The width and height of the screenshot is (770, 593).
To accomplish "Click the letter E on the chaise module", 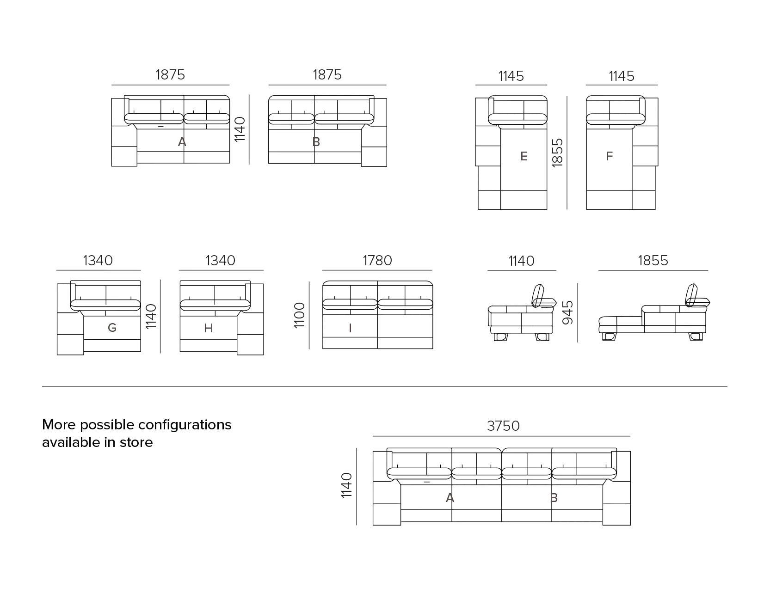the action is pyautogui.click(x=524, y=156).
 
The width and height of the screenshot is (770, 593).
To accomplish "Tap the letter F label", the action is pyautogui.click(x=609, y=156).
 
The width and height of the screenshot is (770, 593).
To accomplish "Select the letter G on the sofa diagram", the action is pyautogui.click(x=112, y=328).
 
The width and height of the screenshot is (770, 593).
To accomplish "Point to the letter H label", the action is pyautogui.click(x=209, y=328).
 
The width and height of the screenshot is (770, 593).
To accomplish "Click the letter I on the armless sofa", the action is pyautogui.click(x=350, y=328).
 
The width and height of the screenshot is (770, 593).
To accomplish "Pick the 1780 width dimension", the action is pyautogui.click(x=377, y=260).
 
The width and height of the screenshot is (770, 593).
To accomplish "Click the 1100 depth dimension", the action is pyautogui.click(x=300, y=315).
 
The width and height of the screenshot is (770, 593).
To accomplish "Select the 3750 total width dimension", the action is pyautogui.click(x=503, y=426).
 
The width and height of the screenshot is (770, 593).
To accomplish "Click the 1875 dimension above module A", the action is pyautogui.click(x=170, y=74).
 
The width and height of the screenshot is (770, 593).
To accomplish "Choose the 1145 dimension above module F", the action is pyautogui.click(x=622, y=76).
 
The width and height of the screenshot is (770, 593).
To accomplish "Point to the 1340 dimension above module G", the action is pyautogui.click(x=98, y=260).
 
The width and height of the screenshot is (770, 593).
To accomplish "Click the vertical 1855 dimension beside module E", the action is pyautogui.click(x=557, y=153).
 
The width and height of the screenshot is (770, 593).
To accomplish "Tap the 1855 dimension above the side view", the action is pyautogui.click(x=653, y=260).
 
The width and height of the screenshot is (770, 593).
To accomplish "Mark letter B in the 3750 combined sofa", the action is pyautogui.click(x=554, y=498).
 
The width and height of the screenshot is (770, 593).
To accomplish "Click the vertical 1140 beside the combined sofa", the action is pyautogui.click(x=346, y=485).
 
